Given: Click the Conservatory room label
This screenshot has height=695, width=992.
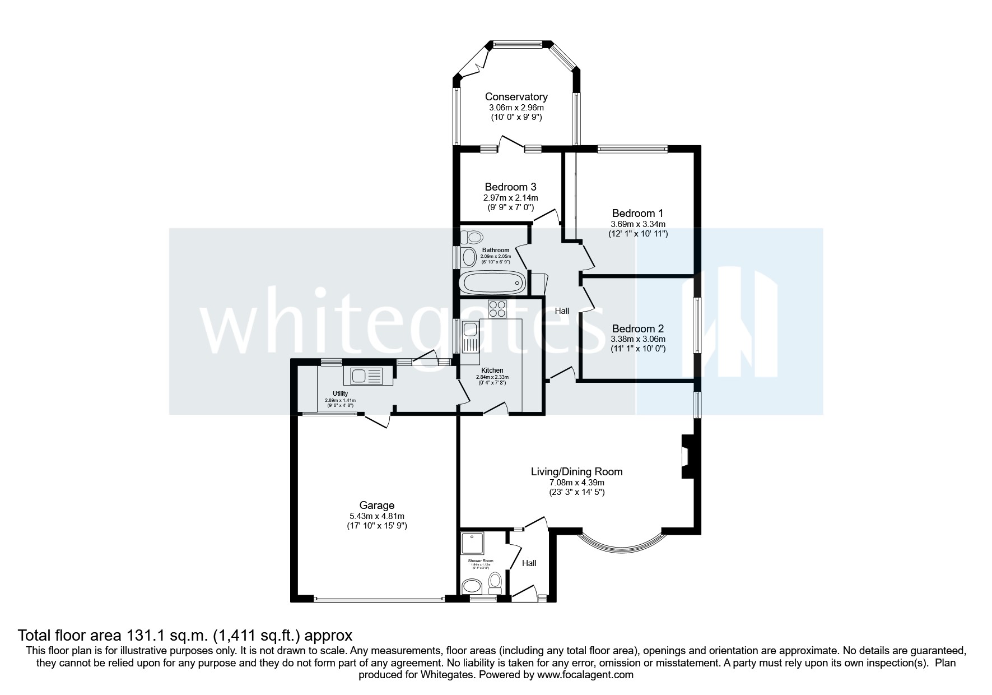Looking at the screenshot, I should [x=516, y=97].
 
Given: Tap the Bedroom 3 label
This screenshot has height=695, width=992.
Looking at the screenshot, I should [x=510, y=187].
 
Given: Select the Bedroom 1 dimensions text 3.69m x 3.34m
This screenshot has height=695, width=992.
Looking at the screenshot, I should [x=638, y=224].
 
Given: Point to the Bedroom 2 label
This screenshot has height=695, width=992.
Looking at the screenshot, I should [x=638, y=328].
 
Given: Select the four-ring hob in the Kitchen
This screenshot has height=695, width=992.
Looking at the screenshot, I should [x=497, y=308].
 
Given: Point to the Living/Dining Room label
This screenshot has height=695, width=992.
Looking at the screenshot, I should [x=576, y=471].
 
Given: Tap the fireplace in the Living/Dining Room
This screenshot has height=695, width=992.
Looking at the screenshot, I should [x=687, y=457].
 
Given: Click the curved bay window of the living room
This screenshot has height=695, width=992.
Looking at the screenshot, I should [x=622, y=543].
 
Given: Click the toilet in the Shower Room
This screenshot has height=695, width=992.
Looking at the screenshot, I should [x=495, y=582].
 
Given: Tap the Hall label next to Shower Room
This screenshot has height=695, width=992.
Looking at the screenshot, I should [x=529, y=563].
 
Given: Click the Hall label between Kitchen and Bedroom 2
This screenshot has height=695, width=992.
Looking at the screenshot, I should [x=562, y=311].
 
